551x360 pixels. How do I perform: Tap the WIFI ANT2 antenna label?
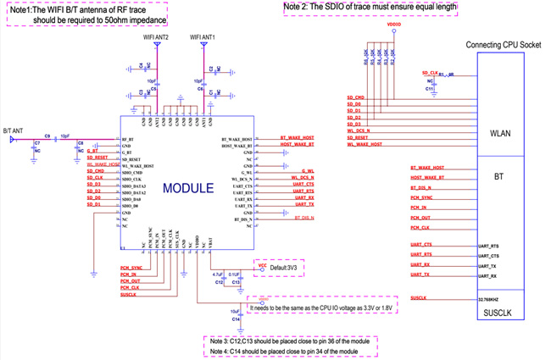point(156,38)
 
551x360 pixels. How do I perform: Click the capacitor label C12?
point(218,282)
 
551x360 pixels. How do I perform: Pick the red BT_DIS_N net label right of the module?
point(303,219)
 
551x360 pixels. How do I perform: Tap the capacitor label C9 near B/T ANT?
point(47,136)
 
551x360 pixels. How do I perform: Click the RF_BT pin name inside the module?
point(129,139)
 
